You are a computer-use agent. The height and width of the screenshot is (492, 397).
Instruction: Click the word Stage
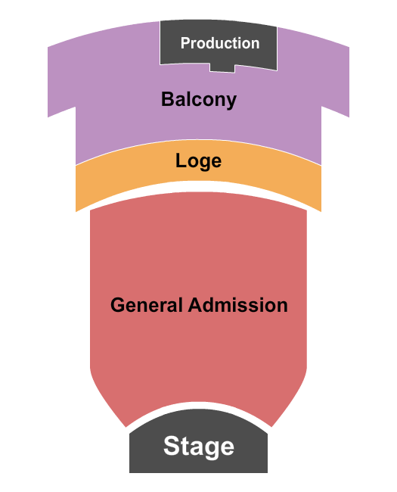point(198,446)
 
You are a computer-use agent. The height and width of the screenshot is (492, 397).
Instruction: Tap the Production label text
point(219,43)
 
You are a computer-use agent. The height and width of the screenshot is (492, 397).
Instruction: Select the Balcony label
point(198,99)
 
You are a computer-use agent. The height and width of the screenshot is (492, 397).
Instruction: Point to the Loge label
point(198,160)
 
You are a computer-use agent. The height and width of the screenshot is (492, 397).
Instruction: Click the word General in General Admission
point(147,305)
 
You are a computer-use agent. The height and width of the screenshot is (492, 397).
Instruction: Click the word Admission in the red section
point(237,305)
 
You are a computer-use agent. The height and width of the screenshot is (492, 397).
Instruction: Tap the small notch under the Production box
point(222,68)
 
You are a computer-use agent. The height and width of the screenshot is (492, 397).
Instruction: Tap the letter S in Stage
point(172,446)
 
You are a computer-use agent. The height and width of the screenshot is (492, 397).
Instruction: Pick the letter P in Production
point(185,43)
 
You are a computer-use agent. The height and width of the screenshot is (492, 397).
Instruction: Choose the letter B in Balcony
point(166,99)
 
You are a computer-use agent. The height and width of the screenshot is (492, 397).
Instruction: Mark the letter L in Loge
point(180,160)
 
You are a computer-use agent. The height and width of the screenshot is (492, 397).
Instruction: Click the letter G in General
point(117,305)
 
